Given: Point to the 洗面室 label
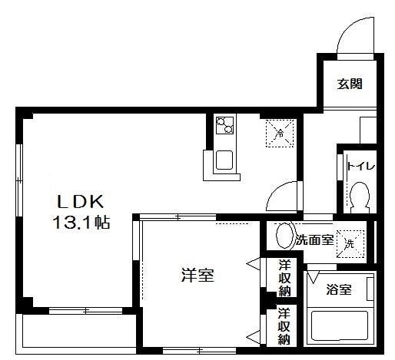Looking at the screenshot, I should pyautogui.click(x=314, y=240).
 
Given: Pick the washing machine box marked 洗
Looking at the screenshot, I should pyautogui.click(x=350, y=243).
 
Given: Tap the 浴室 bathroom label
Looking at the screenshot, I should pyautogui.click(x=339, y=290).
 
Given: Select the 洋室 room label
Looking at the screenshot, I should pyautogui.click(x=197, y=275).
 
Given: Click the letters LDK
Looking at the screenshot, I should pyautogui.click(x=78, y=203).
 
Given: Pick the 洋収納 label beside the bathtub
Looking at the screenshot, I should pyautogui.click(x=284, y=326).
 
